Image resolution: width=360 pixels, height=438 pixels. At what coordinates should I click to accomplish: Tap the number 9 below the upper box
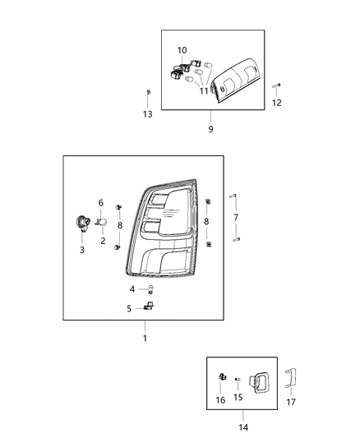pyautogui.click(x=210, y=129)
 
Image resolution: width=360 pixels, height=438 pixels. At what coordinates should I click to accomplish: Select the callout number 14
pyautogui.click(x=242, y=426)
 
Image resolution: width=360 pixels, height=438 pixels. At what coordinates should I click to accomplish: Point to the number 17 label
pyautogui.click(x=291, y=401)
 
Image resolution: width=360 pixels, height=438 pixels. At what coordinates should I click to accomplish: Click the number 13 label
pyautogui.click(x=148, y=114)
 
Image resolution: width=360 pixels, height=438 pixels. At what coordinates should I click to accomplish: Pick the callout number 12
pyautogui.click(x=276, y=103)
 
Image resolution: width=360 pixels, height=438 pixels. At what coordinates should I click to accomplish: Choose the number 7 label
pyautogui.click(x=237, y=217)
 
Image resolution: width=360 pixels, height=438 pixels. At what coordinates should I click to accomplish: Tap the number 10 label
pyautogui.click(x=182, y=50)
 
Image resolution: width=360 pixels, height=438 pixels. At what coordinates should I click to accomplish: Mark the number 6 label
pyautogui.click(x=101, y=202)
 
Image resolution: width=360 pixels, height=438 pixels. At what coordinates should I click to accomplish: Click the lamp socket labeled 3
pyautogui.click(x=83, y=221)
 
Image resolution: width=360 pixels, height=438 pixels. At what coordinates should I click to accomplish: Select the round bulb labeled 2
pyautogui.click(x=103, y=222)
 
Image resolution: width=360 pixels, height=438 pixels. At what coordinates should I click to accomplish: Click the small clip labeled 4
pyautogui.click(x=150, y=288)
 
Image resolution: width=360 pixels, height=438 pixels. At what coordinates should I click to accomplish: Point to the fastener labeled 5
pyautogui.click(x=150, y=307)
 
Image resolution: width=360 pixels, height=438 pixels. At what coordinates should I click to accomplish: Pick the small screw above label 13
pyautogui.click(x=147, y=91)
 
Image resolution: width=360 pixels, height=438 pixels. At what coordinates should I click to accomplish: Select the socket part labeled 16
pyautogui.click(x=223, y=377)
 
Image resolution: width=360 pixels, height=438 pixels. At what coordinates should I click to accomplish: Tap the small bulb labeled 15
pyautogui.click(x=237, y=379)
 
